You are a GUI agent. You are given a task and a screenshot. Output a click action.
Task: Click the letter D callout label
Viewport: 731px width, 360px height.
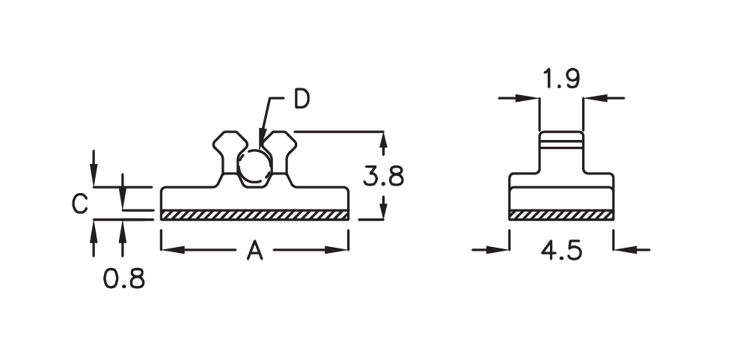tap(302, 99)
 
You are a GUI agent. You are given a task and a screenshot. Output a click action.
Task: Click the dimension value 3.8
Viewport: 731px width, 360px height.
tap(383, 177)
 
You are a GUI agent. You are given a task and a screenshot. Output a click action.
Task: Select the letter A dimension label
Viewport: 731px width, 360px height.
tap(254, 251)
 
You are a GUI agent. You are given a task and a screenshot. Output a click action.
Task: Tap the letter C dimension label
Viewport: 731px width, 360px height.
tap(80, 204)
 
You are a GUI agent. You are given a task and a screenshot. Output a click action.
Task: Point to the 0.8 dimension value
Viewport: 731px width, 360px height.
tap(124, 279)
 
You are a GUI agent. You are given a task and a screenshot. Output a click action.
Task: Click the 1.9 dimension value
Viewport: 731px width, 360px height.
tap(561, 79)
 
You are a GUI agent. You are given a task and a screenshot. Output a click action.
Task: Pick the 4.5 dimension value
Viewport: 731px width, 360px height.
tap(561, 251)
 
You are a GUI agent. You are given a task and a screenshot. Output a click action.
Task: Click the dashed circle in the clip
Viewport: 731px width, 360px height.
tap(254, 165)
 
